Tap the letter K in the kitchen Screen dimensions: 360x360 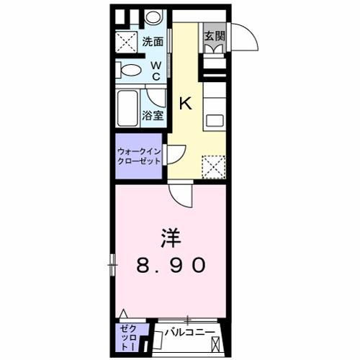pos(185,102)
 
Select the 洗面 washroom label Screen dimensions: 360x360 pos(152,41)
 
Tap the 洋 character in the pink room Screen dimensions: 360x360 pos(169,237)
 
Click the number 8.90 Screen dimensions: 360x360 pos(171,265)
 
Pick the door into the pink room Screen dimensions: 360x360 pos(181,192)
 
